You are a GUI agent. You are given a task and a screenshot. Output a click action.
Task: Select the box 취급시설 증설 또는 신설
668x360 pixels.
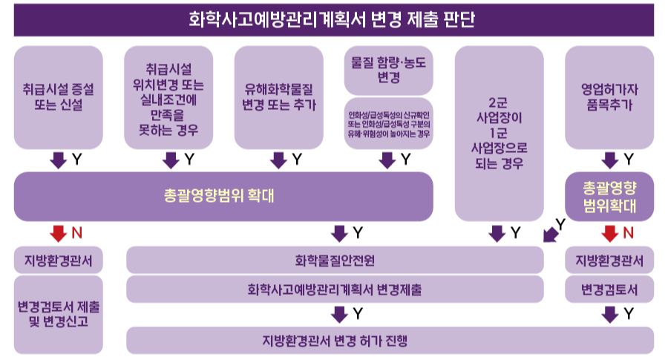(x=59, y=97)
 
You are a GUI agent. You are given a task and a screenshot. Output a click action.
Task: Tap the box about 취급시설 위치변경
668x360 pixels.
(x=168, y=97)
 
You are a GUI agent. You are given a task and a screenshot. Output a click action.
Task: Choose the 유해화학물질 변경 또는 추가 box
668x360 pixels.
(x=279, y=97)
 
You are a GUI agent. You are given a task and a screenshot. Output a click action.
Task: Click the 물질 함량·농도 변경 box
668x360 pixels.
(x=388, y=71)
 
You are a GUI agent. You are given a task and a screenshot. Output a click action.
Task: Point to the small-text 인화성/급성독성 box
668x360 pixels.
(x=388, y=123)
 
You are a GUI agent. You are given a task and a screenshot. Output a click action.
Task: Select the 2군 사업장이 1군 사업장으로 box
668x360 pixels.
(x=500, y=134)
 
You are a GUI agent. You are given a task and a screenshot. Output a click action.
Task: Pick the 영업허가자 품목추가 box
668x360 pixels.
(x=609, y=97)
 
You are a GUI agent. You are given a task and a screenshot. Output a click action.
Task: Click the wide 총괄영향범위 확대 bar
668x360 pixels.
(x=223, y=197)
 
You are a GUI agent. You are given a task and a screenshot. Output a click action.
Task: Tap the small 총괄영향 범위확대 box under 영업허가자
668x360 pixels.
(x=609, y=197)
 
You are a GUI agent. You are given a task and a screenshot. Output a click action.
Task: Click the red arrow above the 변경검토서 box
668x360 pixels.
(x=609, y=234)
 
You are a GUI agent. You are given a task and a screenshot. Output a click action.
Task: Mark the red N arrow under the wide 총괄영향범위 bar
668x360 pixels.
(x=59, y=234)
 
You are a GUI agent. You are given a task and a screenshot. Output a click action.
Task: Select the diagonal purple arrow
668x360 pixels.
(x=551, y=235)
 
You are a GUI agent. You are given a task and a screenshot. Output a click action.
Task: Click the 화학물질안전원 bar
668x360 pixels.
(x=335, y=260)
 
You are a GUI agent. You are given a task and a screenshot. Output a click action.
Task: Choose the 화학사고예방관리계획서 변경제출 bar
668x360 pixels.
(x=335, y=289)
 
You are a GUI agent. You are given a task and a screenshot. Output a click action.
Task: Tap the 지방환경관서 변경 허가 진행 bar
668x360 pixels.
(x=390, y=341)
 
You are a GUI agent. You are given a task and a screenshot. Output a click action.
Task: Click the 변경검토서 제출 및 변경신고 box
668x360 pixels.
(x=59, y=315)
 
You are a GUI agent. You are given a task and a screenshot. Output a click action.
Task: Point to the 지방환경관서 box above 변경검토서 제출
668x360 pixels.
(x=59, y=260)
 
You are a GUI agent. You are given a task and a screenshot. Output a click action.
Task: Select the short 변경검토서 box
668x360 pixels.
(x=609, y=289)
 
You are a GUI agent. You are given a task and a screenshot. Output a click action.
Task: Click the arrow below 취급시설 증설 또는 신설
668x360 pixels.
(x=59, y=160)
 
